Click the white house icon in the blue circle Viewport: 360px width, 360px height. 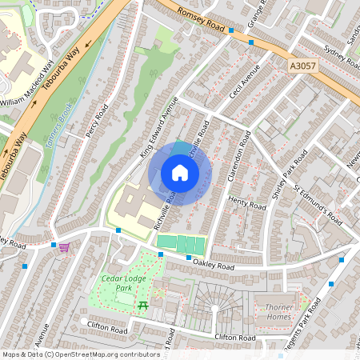[x=180, y=173]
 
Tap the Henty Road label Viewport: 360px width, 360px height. [x=246, y=204]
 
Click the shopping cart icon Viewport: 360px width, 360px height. [x=63, y=247]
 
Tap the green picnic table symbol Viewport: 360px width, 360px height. [x=143, y=305]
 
